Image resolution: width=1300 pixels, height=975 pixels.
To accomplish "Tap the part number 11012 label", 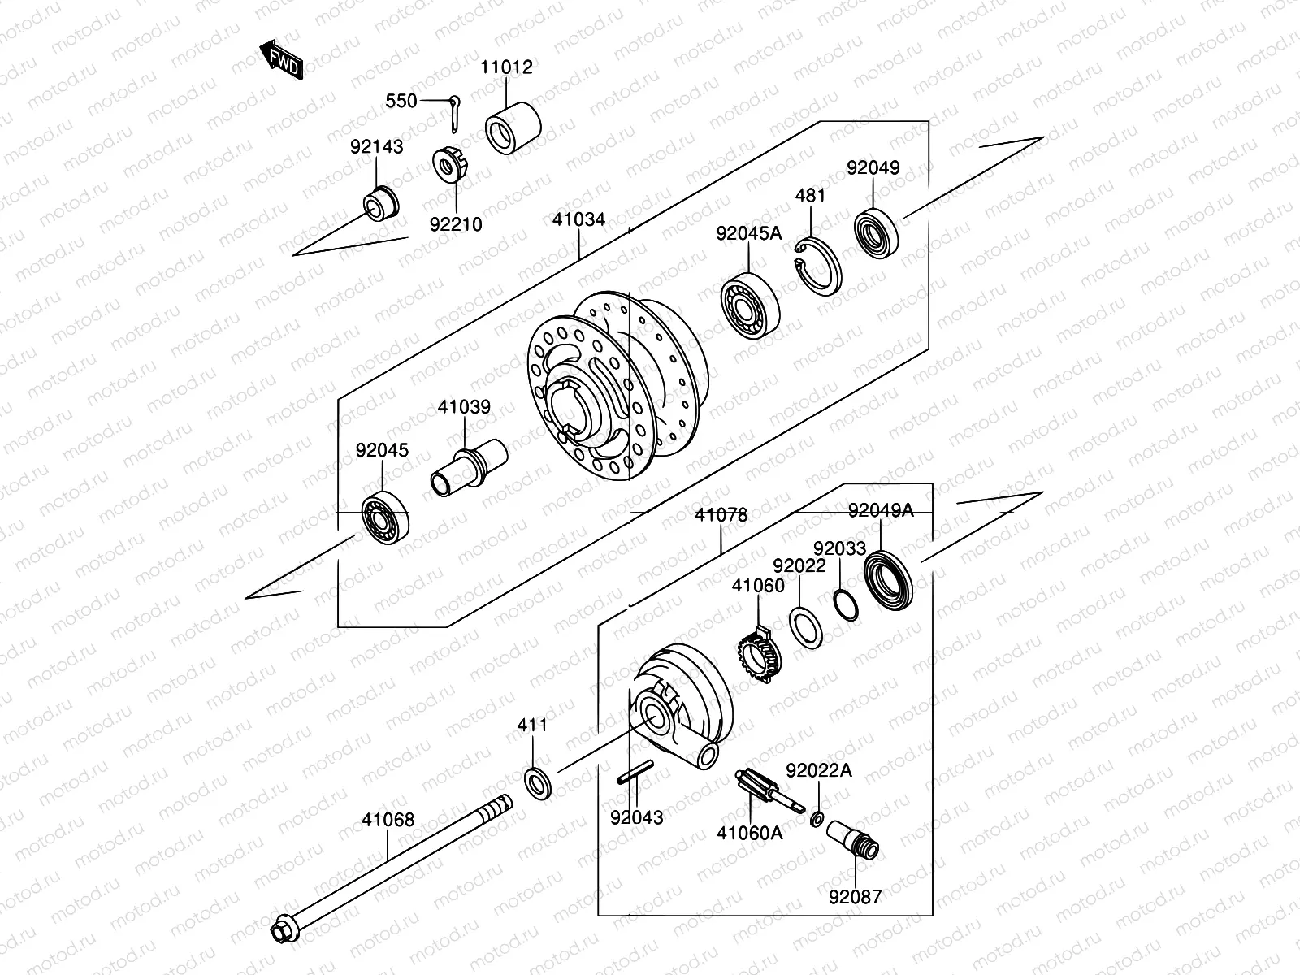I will click(x=506, y=67).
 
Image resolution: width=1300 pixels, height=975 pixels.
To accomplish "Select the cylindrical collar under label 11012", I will click(x=513, y=128).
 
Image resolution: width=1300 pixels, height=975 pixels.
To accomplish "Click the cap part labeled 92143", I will click(x=381, y=203).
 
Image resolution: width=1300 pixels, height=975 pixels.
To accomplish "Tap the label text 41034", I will click(x=578, y=220).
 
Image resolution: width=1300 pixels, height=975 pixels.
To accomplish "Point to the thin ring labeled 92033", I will click(x=845, y=604).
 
